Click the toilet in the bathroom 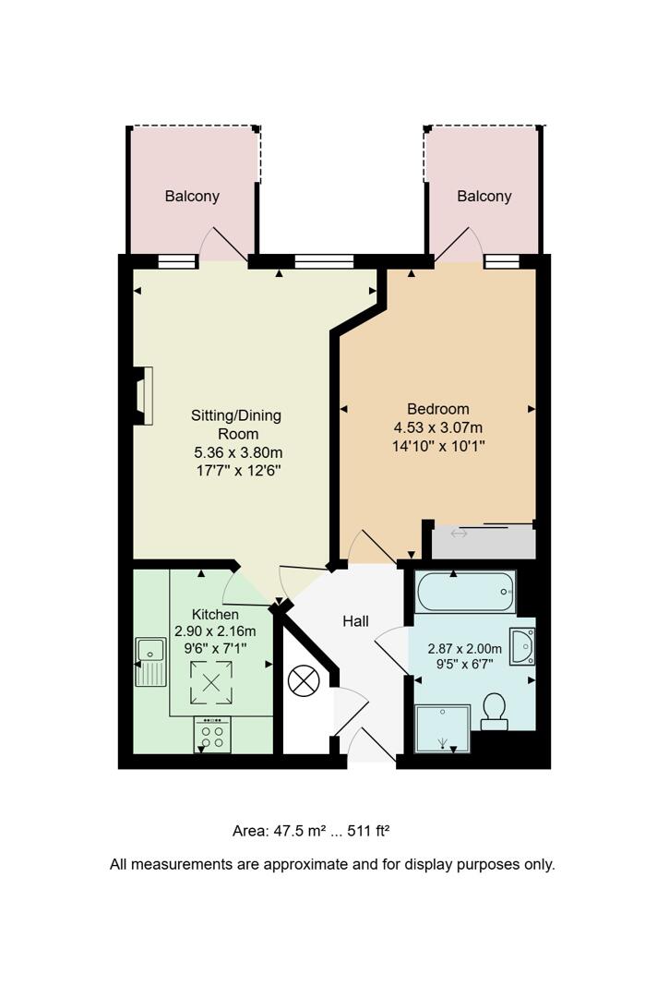494,711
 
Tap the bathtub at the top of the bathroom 465,592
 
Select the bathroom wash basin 522,645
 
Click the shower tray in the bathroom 443,728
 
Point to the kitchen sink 149,661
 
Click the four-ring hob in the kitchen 211,736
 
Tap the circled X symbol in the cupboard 303,682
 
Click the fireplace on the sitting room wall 143,395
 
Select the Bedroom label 438,409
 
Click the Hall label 355,621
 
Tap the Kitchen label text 215,615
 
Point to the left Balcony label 192,196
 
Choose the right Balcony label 484,196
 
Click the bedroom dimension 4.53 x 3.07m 438,427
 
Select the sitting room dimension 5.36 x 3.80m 236,452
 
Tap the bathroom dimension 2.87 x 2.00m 464,648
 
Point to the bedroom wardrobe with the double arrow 483,541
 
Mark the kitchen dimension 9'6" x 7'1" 215,648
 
